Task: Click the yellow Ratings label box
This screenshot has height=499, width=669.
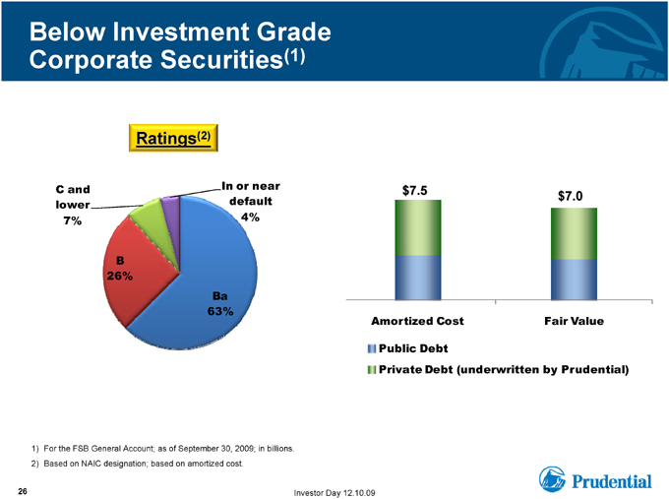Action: [173, 138]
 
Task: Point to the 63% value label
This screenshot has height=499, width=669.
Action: [220, 311]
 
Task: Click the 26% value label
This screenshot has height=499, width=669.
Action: [119, 277]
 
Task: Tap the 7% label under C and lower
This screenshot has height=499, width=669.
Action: [73, 220]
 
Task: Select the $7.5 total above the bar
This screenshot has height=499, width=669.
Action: [415, 190]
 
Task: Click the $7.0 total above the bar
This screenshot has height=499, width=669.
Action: [571, 196]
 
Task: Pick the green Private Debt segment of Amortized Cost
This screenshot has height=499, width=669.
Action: [418, 227]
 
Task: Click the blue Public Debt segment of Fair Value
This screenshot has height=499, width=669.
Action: [574, 280]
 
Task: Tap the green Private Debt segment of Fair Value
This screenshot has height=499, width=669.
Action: [574, 233]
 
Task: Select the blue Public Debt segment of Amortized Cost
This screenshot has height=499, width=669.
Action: [418, 278]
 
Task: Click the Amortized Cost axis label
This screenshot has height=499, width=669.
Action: [417, 321]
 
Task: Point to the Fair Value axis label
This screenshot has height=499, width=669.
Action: [574, 321]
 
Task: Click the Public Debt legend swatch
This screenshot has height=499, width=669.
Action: [372, 348]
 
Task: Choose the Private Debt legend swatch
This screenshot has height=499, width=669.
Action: [372, 370]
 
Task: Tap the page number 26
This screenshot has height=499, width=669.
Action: [23, 491]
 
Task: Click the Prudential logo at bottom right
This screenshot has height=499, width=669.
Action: [595, 479]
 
